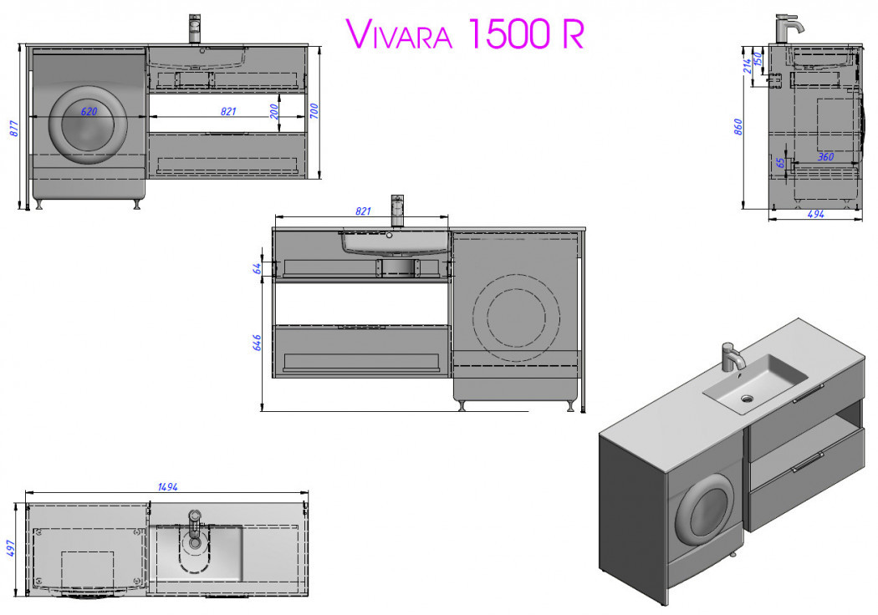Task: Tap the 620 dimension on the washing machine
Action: [x=89, y=110]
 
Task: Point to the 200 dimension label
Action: [x=275, y=111]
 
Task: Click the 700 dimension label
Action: [x=314, y=111]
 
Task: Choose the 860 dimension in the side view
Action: [x=738, y=127]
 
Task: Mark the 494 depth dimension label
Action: [x=815, y=214]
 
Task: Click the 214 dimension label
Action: [x=747, y=64]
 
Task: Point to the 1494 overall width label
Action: [x=167, y=486]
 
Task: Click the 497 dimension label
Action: [x=13, y=548]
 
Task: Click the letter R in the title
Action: [x=572, y=34]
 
